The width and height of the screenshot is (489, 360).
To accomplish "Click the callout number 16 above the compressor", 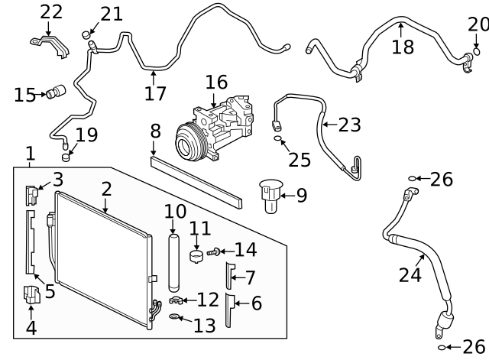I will tap(216, 82).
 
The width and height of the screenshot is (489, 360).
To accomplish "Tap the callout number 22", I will tap(51, 11).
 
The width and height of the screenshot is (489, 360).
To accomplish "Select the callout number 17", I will tap(154, 94).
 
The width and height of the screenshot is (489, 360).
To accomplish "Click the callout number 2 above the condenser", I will tap(106, 188).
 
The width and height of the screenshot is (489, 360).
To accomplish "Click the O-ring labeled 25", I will tap(279, 140).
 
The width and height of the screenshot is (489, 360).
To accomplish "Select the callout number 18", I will tap(403, 47).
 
